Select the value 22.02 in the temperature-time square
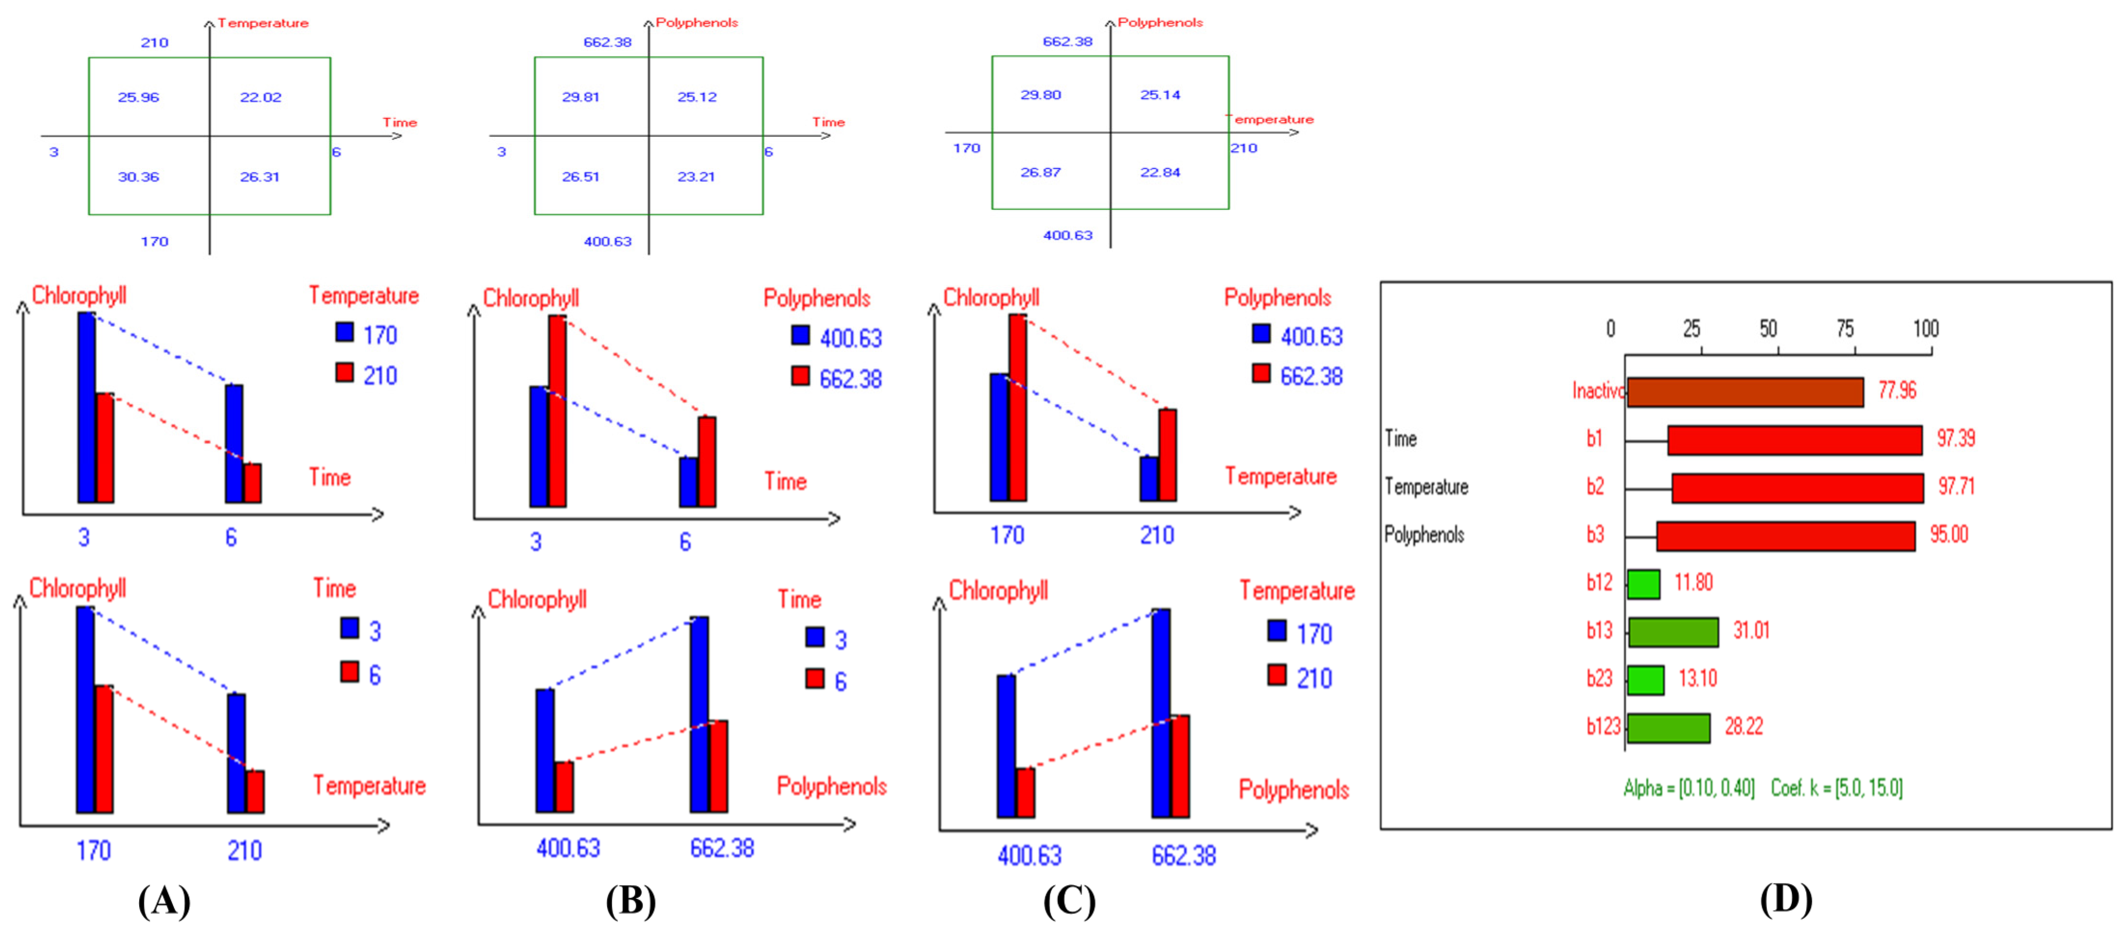click(x=260, y=98)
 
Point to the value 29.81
click(x=580, y=97)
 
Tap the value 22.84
click(x=1160, y=172)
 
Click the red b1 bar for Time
click(x=1794, y=440)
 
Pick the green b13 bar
click(x=1673, y=632)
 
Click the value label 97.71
click(x=1955, y=486)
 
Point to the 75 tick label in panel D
click(x=1844, y=329)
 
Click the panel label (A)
click(x=164, y=900)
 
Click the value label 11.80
click(x=1693, y=583)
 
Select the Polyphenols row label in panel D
click(x=1424, y=534)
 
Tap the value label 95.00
click(x=1948, y=534)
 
